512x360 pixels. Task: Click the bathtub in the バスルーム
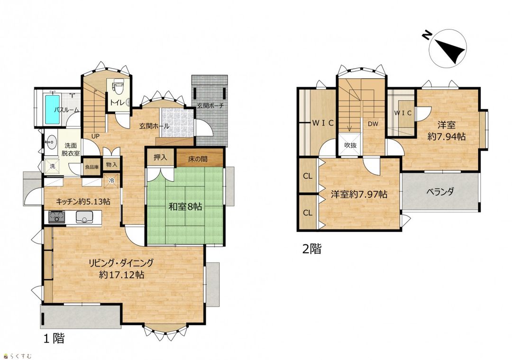coord(52,110)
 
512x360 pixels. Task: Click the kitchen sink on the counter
coord(84,217)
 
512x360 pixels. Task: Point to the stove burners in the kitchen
coord(57,217)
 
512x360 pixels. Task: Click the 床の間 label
coord(198,159)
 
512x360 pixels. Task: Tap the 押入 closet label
coord(160,157)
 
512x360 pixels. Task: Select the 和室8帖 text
coord(185,206)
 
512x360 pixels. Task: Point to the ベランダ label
coord(440,192)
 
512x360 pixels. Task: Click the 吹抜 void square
coord(350,145)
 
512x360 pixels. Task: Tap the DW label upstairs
coord(373,124)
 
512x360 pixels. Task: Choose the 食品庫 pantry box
coord(92,167)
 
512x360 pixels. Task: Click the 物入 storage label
coord(112,165)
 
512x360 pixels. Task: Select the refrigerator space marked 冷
coord(111,181)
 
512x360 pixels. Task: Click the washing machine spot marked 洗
coord(52,166)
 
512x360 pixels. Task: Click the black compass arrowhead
coord(451,50)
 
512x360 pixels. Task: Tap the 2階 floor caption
coord(312,249)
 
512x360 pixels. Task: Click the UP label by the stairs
coord(95,136)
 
